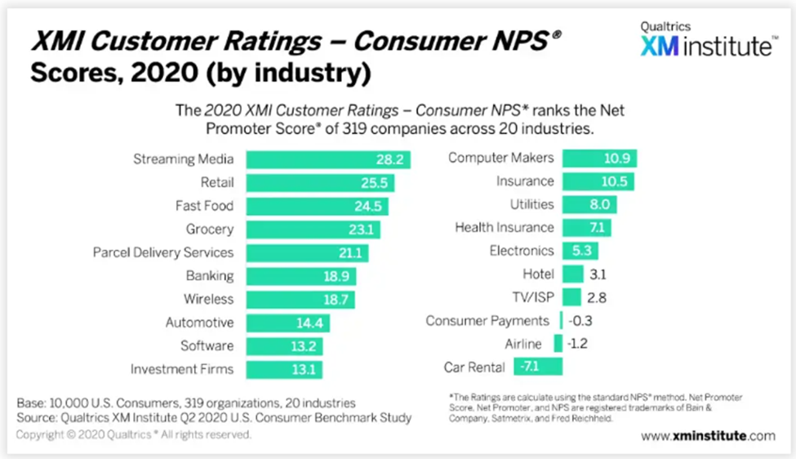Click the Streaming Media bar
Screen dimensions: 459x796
pos(327,159)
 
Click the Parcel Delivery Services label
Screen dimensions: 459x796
pos(163,252)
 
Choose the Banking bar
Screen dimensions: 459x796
pos(299,276)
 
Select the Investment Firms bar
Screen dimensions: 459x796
pos(283,369)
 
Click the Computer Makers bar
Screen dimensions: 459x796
pos(599,158)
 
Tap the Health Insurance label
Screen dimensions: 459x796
pos(505,227)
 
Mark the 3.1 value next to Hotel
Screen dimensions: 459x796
pos(598,274)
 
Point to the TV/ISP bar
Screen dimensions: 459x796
pos(571,297)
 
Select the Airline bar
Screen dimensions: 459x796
pos(558,344)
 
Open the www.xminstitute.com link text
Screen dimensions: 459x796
pos(707,436)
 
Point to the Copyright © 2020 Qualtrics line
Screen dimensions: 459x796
pos(134,435)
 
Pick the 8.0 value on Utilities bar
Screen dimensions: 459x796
pos(600,204)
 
